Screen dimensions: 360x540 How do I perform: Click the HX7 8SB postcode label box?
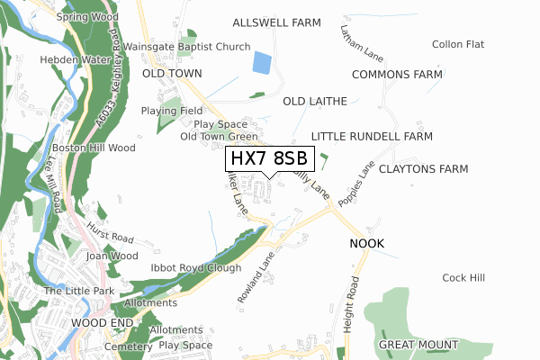(269, 159)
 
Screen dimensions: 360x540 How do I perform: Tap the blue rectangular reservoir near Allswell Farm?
(261, 63)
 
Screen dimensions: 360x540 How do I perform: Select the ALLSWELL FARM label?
(276, 22)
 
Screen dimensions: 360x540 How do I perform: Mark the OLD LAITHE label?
(314, 102)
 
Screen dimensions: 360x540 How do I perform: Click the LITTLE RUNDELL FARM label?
(372, 136)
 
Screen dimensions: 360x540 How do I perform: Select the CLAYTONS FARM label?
(423, 169)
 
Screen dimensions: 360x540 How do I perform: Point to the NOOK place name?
(367, 244)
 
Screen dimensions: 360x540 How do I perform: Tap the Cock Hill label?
(463, 278)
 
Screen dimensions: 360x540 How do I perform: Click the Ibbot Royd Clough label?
(196, 268)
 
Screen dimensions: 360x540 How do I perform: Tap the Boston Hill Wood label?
(93, 148)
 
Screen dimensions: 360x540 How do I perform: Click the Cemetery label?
(128, 346)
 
